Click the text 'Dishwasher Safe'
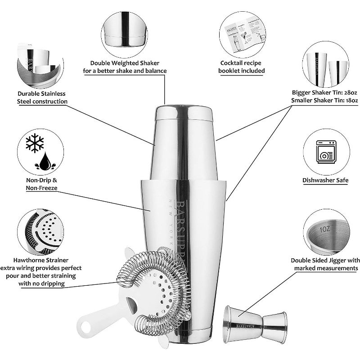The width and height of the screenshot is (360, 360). (325, 180)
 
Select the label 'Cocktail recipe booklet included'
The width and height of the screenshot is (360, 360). (242, 67)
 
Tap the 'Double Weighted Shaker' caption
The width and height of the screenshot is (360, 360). (125, 67)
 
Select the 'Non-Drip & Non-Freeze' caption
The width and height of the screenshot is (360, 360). (41, 184)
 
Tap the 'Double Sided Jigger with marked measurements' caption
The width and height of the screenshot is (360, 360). (325, 264)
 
